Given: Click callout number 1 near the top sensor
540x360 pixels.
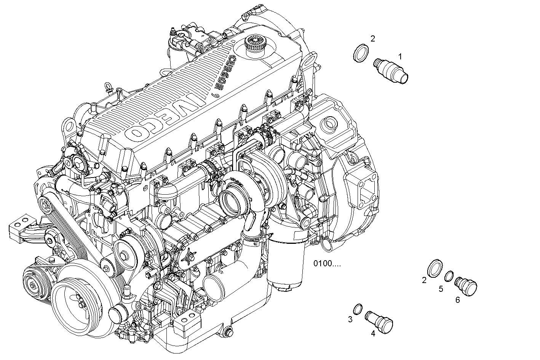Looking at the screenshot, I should (400, 56).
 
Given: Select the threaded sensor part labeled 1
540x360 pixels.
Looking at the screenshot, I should (391, 69).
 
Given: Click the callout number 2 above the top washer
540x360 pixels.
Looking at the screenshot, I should (373, 38).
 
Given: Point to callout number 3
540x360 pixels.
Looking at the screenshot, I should (350, 320).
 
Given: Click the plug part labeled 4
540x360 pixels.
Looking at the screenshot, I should (379, 322).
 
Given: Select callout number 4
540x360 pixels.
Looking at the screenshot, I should (373, 334).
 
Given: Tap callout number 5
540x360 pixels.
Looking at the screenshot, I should (441, 289).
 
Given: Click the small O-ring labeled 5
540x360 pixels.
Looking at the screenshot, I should (449, 275).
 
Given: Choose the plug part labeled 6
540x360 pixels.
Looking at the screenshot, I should (466, 285).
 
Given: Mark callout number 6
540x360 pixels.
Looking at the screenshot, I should (457, 300).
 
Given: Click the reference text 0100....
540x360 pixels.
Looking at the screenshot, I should (327, 263).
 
